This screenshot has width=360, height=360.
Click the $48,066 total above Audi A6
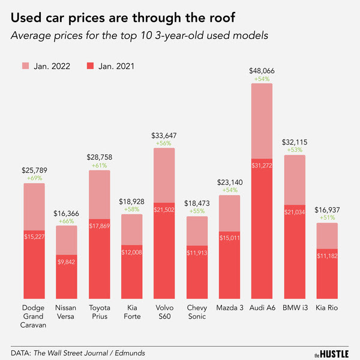coord(262,71)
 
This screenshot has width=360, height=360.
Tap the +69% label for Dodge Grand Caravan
coord(34,178)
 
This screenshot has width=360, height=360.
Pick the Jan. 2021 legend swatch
coord(92,65)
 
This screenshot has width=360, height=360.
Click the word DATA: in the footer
coord(22,352)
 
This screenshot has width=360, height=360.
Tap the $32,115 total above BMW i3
coord(295,142)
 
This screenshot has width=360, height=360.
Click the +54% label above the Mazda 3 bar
coord(229,190)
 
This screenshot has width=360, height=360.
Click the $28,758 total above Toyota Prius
coord(99,157)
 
